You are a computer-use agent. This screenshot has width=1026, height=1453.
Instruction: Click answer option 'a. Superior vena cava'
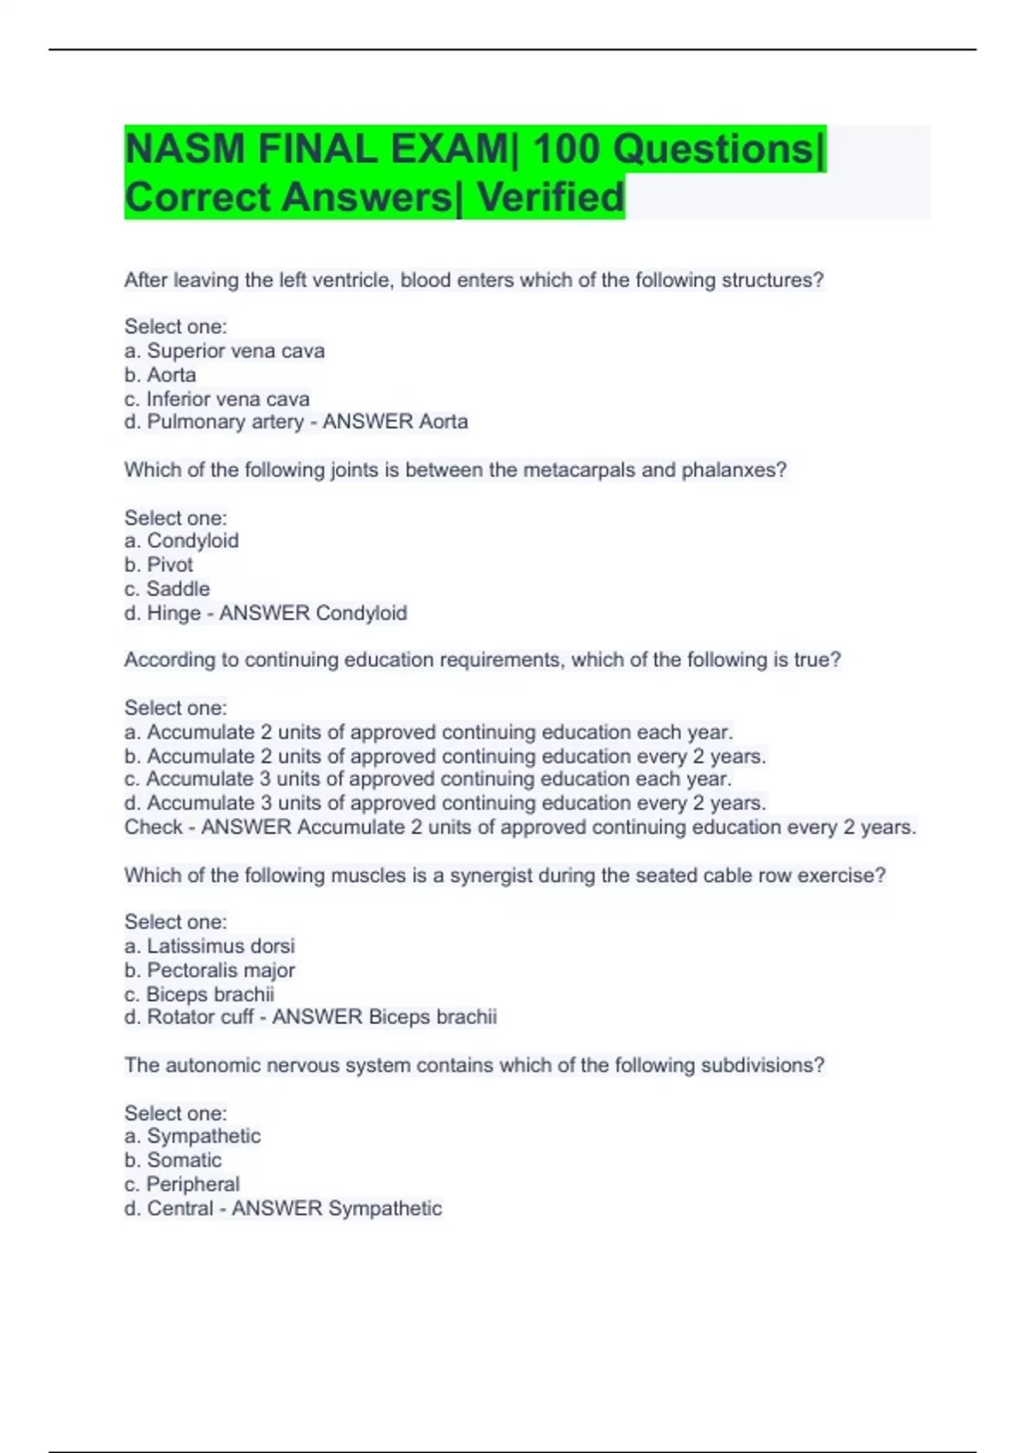coord(224,350)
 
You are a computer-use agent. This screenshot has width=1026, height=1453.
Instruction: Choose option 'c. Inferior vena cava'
coord(216,398)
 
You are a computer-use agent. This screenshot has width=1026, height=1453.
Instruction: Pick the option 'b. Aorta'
coord(160,374)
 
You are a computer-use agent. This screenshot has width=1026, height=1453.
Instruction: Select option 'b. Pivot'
coord(158,564)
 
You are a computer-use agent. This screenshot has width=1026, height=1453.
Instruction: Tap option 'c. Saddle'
coord(167,588)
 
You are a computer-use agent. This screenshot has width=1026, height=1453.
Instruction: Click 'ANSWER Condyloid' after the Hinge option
coord(313,613)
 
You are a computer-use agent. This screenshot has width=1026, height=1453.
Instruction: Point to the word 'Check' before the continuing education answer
coord(153,827)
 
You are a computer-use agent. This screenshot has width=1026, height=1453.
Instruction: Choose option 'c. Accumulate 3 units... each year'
coord(427,779)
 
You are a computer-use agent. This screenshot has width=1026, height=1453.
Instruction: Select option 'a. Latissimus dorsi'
coord(209,945)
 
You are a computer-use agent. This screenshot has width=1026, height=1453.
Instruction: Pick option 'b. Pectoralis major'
coord(209,970)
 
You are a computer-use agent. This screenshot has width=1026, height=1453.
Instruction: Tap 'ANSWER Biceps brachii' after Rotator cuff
coord(384,1017)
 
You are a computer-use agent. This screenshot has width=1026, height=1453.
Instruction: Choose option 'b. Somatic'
coord(173,1160)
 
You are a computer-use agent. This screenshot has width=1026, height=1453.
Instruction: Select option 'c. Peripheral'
coord(182,1184)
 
